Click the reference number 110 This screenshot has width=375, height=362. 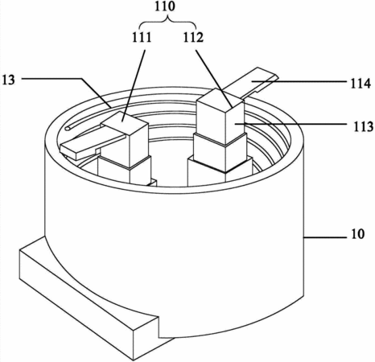pos(165,6)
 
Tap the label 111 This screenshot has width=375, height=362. pos(142,38)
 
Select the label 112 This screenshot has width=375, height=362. pos(193,38)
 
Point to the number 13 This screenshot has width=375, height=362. pos(9,80)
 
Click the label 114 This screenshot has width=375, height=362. pos(361,84)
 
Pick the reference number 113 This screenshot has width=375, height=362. pos(364,126)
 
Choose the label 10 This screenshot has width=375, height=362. pos(357,234)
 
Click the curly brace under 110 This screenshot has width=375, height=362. pos(168,22)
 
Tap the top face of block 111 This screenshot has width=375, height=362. pos(125,122)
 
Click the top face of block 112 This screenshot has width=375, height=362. pos(220,99)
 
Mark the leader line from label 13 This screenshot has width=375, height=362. pos(67,91)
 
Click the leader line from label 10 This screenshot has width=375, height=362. pos(325,237)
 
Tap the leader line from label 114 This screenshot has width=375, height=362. pos(299,80)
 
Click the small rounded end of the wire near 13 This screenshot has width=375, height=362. pos(68,129)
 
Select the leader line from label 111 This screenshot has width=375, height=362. pos(134,85)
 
